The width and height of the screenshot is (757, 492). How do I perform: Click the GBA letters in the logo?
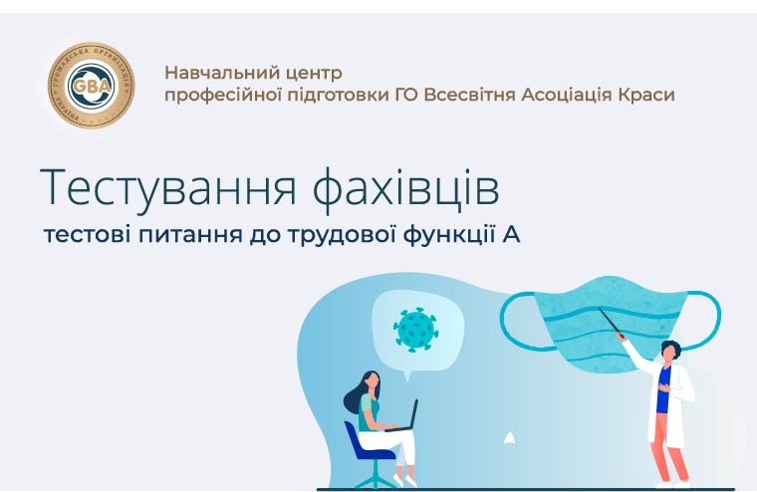(92, 86)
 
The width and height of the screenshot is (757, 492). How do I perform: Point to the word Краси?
(646, 96)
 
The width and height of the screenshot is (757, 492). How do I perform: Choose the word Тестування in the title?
(167, 187)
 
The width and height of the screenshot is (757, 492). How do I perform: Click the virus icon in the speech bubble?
(415, 330)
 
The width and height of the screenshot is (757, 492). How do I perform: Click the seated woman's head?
(371, 380)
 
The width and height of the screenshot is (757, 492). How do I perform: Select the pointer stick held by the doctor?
(612, 323)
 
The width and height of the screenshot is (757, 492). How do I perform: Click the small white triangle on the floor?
(509, 438)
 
